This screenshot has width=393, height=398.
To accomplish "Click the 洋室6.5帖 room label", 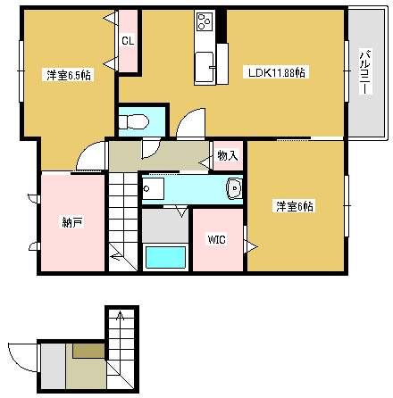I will click(69, 75).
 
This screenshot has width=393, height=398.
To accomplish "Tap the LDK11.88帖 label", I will click(278, 72).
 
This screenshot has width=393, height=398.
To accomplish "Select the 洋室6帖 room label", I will click(294, 206).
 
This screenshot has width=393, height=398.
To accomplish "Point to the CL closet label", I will click(129, 41).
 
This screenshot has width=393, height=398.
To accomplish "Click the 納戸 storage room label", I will click(71, 221).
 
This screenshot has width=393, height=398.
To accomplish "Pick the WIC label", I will click(217, 240).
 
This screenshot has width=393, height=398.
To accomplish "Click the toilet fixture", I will click(137, 121).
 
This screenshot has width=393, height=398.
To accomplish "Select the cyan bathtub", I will click(165, 257).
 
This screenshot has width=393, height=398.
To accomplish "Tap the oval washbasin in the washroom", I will click(234, 188).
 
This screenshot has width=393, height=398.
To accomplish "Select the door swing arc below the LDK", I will click(190, 126).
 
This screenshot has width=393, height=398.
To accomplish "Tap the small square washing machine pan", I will click(153, 189).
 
